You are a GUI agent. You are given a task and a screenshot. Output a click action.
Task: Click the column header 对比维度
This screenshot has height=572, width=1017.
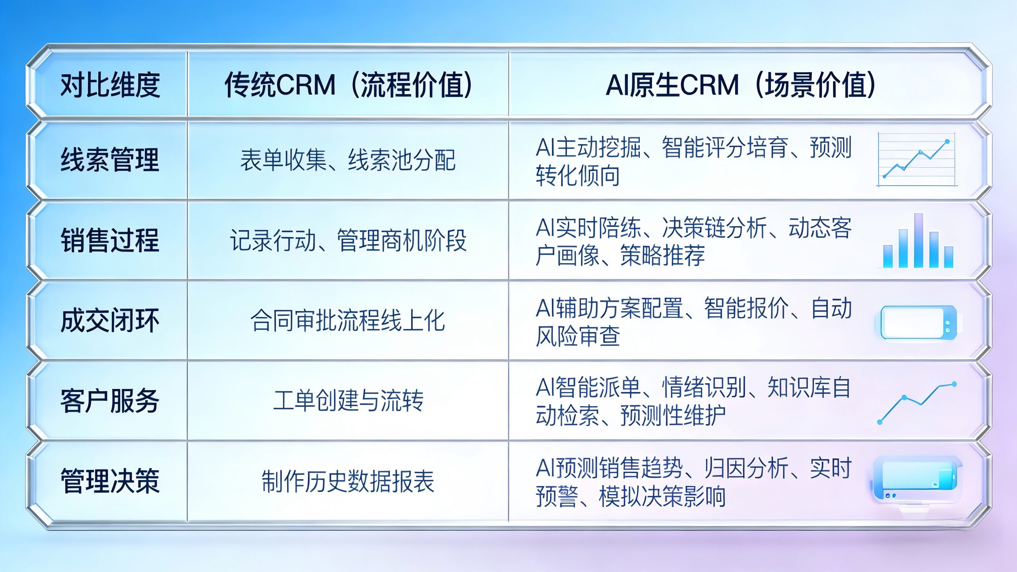[110, 85]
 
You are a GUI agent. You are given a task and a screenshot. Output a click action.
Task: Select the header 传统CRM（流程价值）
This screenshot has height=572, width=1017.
[348, 85]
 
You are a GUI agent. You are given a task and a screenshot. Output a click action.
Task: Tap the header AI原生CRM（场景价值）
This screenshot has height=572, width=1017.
[741, 85]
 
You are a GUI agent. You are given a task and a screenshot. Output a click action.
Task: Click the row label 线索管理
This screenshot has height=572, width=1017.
[110, 159]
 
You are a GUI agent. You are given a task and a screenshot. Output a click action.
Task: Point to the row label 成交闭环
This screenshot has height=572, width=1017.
[110, 320]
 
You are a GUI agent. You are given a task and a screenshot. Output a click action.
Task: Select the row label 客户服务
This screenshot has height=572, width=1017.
[110, 401]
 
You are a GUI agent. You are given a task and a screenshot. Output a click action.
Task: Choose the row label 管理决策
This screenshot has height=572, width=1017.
[110, 481]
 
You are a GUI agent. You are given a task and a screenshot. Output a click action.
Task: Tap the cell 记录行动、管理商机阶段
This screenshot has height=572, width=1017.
[348, 240]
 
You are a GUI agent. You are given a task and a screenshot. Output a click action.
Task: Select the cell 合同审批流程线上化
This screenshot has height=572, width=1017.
[348, 320]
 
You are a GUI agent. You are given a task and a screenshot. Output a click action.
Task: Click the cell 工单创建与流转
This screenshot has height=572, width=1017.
[348, 401]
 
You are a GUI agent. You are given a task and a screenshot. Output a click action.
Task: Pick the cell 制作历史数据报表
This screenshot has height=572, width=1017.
[348, 481]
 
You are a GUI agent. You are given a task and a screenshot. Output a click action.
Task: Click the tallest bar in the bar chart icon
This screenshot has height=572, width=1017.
[919, 240]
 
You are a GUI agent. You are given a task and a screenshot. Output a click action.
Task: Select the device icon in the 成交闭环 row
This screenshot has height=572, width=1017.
[919, 322]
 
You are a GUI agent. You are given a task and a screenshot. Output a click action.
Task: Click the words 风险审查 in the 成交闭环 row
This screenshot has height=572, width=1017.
[578, 336]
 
